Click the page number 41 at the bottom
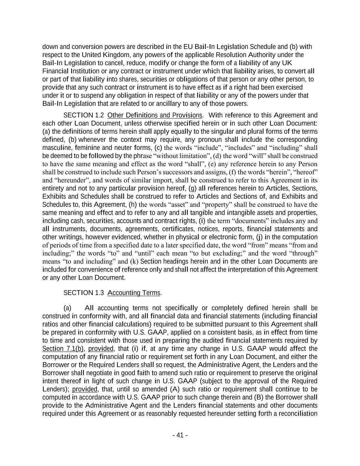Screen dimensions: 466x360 point(180,435)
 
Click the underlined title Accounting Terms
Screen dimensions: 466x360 point(134,293)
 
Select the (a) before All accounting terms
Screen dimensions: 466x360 point(67,308)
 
